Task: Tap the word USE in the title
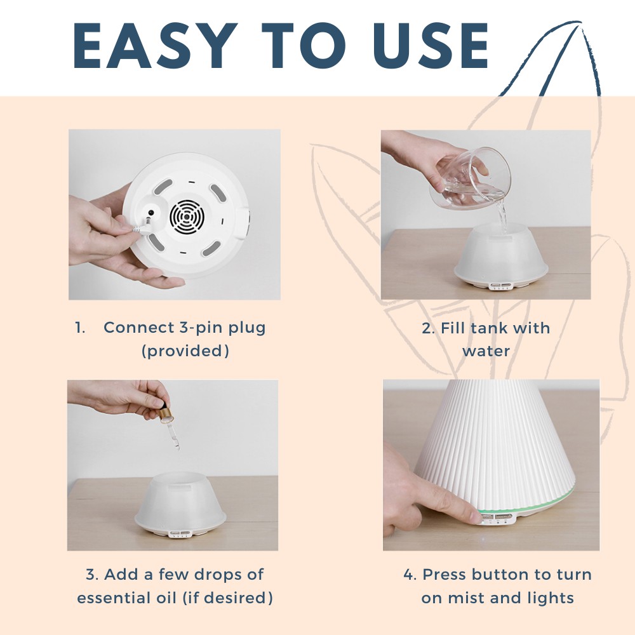pos(431,46)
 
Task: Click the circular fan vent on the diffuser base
pos(186,217)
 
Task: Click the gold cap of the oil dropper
pos(166,414)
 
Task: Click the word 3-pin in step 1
pos(199,328)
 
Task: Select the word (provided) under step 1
pos(185,351)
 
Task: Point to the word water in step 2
pos(486,351)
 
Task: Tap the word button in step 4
pos(500,574)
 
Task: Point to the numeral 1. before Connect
pos(80,328)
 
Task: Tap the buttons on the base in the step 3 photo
pos(180,534)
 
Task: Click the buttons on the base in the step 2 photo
pos(500,286)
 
